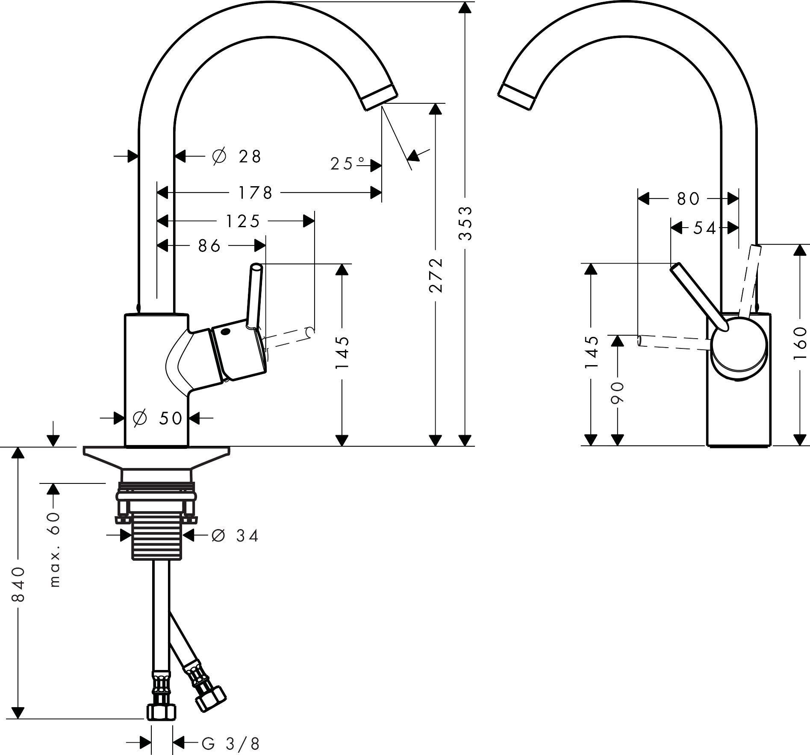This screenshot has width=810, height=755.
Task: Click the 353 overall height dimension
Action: point(465,223)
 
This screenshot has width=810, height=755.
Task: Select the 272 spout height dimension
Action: point(435,275)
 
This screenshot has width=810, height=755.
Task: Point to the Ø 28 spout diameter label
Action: point(236,157)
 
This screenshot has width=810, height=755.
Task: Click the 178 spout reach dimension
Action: point(255,193)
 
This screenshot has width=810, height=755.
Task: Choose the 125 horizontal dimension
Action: point(242,221)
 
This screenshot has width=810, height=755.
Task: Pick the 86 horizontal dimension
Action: point(209,246)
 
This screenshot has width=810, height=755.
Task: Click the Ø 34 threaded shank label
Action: point(235,535)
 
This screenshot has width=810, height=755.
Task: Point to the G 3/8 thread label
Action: point(231,744)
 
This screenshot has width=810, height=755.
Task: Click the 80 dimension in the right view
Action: point(688,199)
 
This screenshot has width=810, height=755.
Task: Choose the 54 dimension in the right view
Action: point(704,228)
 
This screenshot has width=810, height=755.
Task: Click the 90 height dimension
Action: point(617,392)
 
